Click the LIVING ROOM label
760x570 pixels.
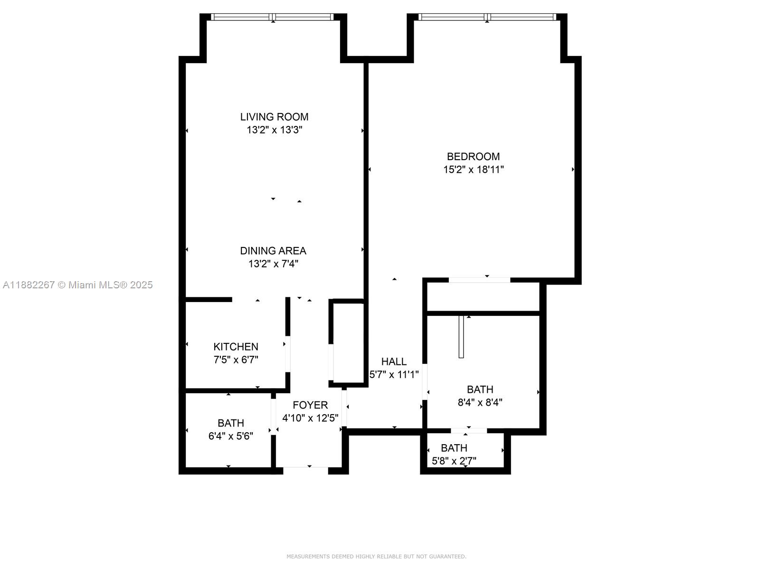pyautogui.click(x=274, y=117)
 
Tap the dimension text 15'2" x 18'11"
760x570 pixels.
pyautogui.click(x=473, y=170)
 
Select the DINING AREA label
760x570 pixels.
pyautogui.click(x=273, y=251)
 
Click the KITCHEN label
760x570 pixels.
pyautogui.click(x=236, y=347)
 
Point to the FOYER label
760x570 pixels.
pyautogui.click(x=310, y=405)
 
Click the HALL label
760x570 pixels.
pyautogui.click(x=394, y=361)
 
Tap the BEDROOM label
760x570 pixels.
pyautogui.click(x=473, y=156)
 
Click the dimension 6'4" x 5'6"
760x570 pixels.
pyautogui.click(x=231, y=436)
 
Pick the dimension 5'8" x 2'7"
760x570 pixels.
pyautogui.click(x=454, y=461)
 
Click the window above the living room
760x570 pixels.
pyautogui.click(x=273, y=17)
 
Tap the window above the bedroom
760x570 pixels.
pyautogui.click(x=487, y=17)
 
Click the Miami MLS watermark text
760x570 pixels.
pyautogui.click(x=78, y=285)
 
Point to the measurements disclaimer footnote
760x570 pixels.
pyautogui.click(x=376, y=556)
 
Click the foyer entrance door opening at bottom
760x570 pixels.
pyautogui.click(x=305, y=470)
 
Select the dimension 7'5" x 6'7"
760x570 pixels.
pyautogui.click(x=236, y=360)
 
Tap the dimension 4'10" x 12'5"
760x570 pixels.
pyautogui.click(x=310, y=418)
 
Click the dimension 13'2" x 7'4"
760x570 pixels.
pyautogui.click(x=273, y=264)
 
